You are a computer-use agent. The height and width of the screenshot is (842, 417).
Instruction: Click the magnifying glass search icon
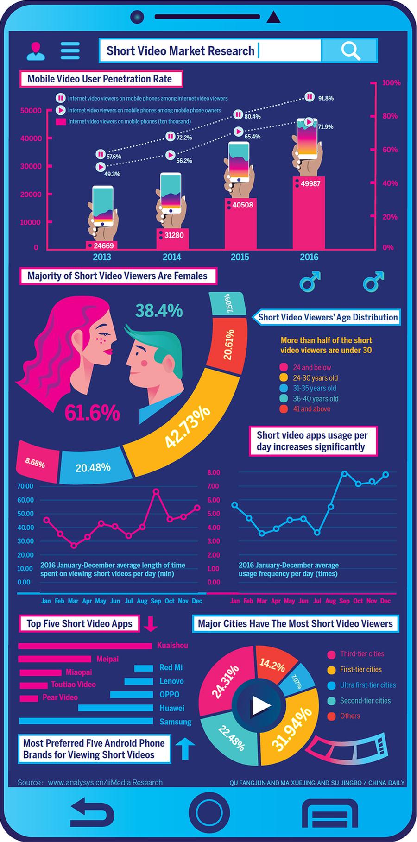pos(350,50)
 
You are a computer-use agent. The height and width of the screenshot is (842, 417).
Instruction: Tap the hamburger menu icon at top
pos(70,50)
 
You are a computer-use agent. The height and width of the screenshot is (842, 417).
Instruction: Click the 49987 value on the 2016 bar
pos(310,183)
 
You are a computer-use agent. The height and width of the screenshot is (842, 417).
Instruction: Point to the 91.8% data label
pos(326,98)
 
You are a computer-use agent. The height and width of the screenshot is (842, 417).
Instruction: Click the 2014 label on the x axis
pos(171,257)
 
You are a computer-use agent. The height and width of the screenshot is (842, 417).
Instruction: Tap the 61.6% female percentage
pos(92,413)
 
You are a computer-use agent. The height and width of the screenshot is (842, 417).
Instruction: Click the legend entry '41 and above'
pos(311,409)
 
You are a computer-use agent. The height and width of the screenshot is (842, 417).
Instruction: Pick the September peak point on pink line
pos(156,491)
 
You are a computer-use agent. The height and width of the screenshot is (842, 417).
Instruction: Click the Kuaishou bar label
pos(172,645)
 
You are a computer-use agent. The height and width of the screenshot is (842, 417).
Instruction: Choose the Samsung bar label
pos(175,722)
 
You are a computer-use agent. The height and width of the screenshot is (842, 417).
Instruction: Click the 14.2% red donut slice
pos(272,666)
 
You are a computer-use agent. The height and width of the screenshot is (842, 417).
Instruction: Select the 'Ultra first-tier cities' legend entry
pos(367,685)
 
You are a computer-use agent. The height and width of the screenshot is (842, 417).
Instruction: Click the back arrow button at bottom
pos(92,813)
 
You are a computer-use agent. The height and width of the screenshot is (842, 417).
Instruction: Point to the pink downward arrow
pos(151,624)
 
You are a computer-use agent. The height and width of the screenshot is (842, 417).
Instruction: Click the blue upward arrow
pos(185,748)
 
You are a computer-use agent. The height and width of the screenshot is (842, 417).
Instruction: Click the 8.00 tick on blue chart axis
pos(214,472)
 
